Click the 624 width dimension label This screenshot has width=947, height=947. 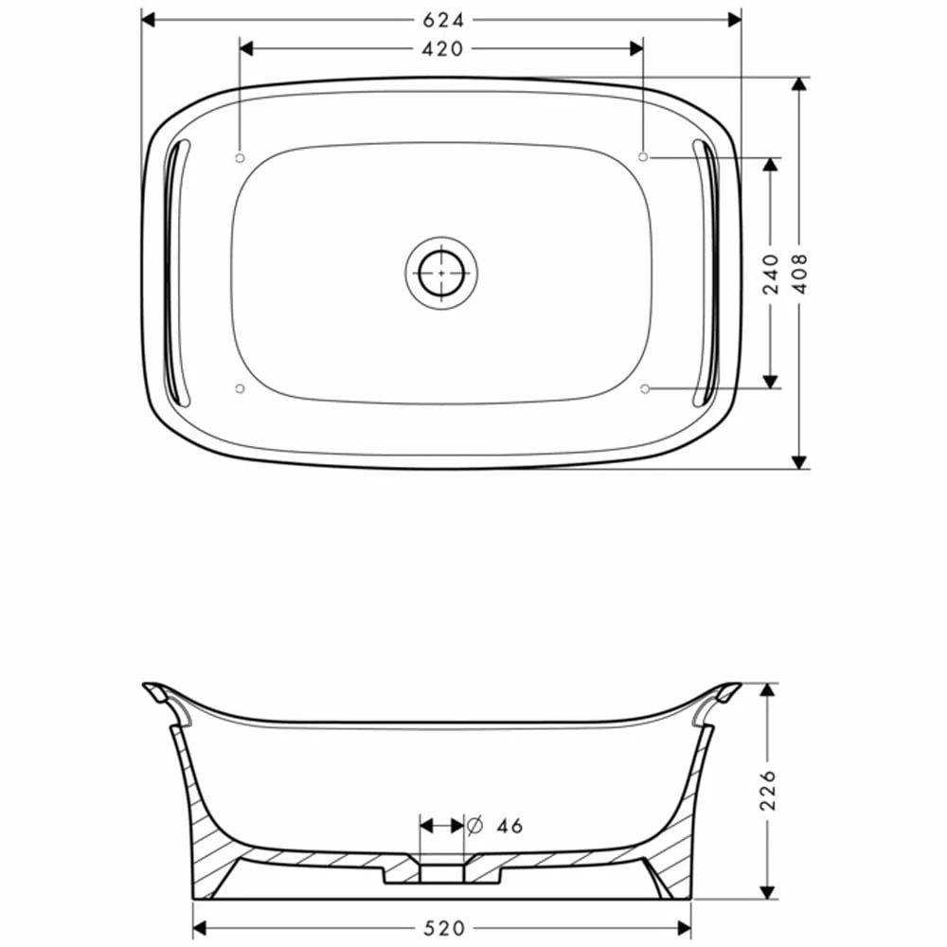pos(442,19)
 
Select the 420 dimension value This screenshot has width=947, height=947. pos(442,48)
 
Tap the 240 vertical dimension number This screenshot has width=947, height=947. pos(771,273)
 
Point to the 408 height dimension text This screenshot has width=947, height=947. pos(800,273)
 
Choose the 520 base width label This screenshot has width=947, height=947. pos(442,929)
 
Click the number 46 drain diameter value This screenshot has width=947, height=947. pos(509,826)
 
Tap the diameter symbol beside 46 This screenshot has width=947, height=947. pos(476,826)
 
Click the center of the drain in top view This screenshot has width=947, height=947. pos(441,272)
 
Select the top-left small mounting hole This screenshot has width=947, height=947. pos(240,155)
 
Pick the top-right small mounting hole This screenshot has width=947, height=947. pos(644,155)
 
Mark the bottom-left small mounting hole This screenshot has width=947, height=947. pos(240,388)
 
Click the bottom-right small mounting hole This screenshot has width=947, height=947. pos(644,388)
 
